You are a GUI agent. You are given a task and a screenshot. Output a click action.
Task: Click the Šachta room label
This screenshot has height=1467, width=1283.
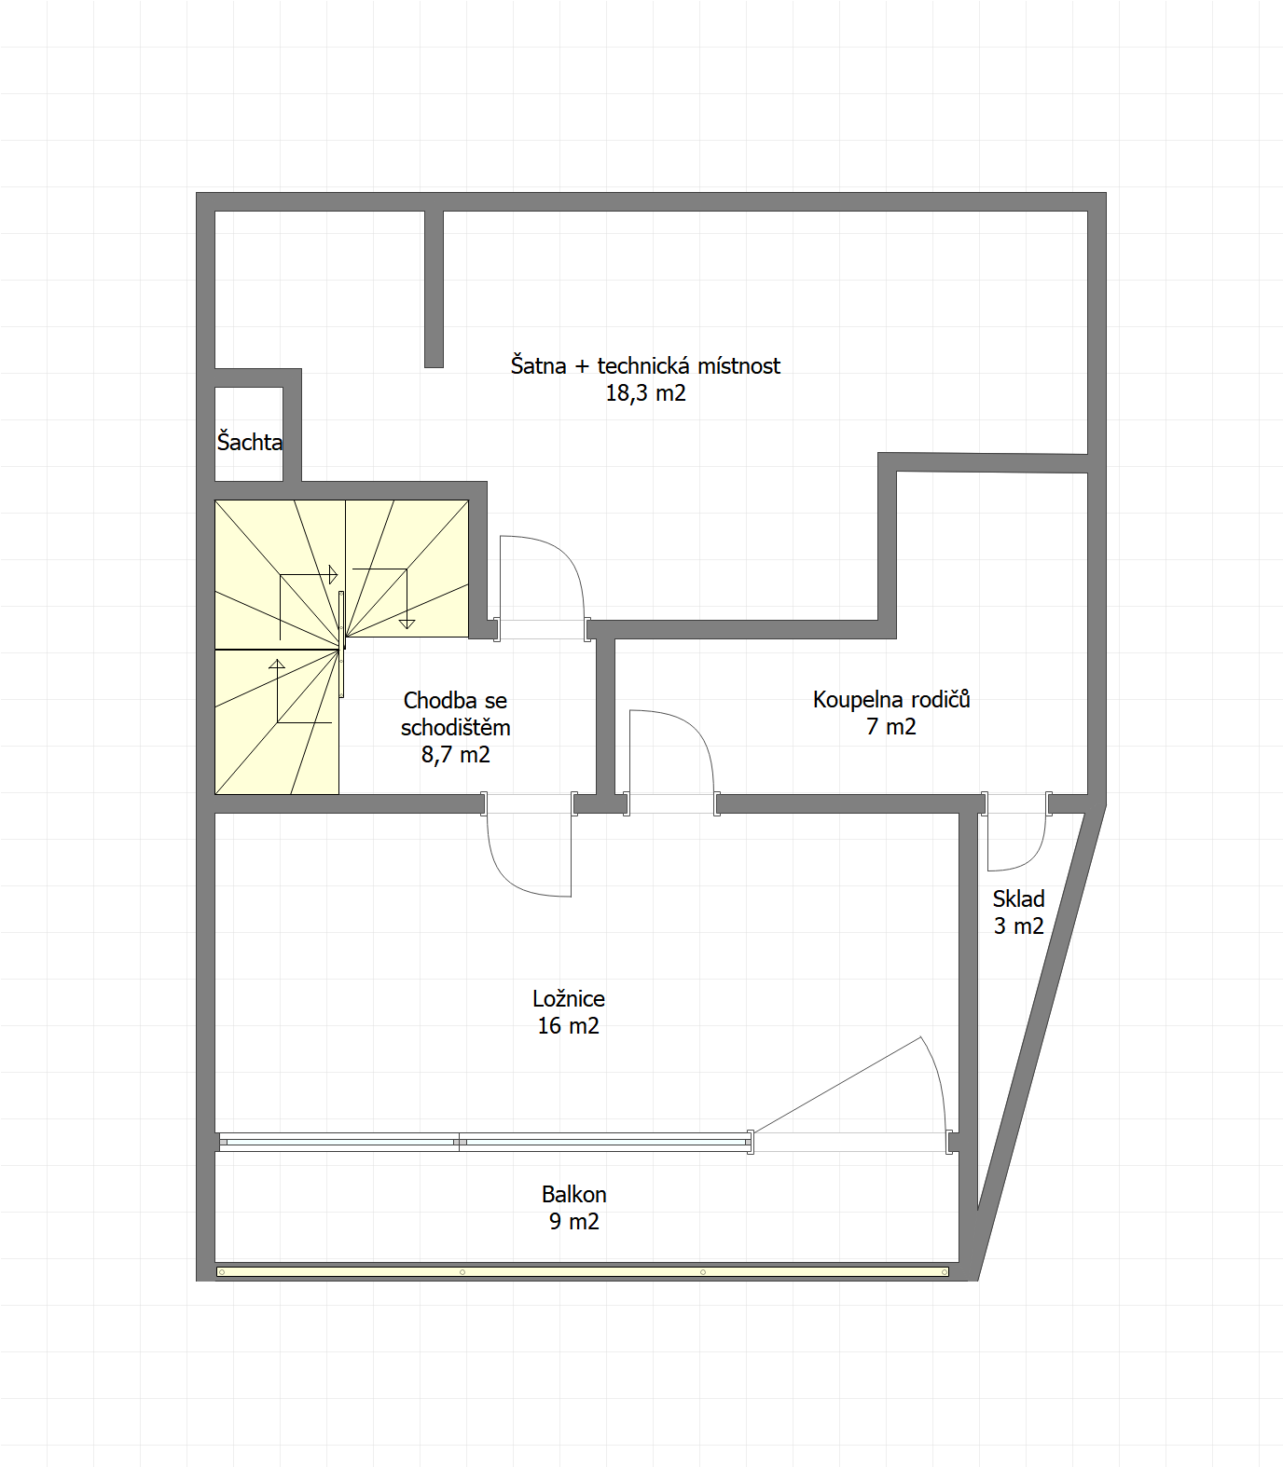(250, 441)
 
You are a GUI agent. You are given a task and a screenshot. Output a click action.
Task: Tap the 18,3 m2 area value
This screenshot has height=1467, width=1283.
(645, 393)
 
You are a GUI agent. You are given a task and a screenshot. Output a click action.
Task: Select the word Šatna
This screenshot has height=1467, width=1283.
(538, 365)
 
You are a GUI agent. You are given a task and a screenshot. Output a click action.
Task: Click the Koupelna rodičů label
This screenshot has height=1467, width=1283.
(891, 699)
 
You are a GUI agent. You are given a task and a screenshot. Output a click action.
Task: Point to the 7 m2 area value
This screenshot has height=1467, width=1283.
(891, 727)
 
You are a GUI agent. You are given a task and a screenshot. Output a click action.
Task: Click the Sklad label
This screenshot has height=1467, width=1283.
(1018, 898)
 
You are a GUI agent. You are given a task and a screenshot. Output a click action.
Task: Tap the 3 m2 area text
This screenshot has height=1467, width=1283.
(1018, 926)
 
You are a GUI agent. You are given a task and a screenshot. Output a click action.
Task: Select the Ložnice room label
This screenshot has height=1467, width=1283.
(569, 998)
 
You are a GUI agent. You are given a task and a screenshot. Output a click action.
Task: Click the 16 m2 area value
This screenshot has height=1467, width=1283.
(568, 1026)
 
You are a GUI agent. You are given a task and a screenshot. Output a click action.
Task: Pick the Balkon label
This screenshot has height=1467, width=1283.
(574, 1194)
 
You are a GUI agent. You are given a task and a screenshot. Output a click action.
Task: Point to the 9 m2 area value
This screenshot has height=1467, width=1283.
(574, 1222)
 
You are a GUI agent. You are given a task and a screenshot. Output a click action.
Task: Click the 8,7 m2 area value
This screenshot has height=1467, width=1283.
(456, 755)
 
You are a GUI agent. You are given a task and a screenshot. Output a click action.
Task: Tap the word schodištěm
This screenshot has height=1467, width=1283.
(456, 727)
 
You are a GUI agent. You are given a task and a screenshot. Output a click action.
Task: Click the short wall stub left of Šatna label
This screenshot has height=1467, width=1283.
(434, 289)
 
